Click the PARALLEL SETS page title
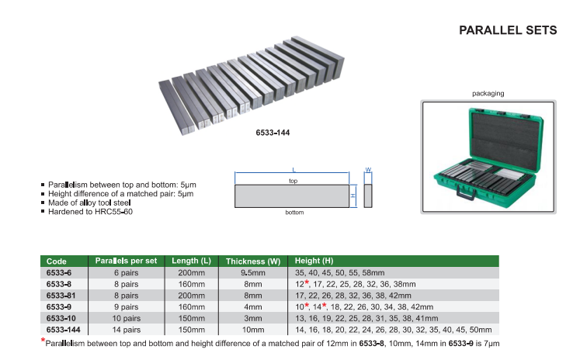tap(508, 30)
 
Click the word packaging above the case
tap(488, 93)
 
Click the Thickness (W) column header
tap(252, 261)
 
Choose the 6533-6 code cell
tap(60, 273)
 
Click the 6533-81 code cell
tap(62, 296)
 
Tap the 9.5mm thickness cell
tap(252, 273)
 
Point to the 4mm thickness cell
tap(252, 307)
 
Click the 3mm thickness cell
tap(252, 318)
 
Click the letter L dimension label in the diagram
tap(293, 169)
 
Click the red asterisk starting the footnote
tap(43, 340)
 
